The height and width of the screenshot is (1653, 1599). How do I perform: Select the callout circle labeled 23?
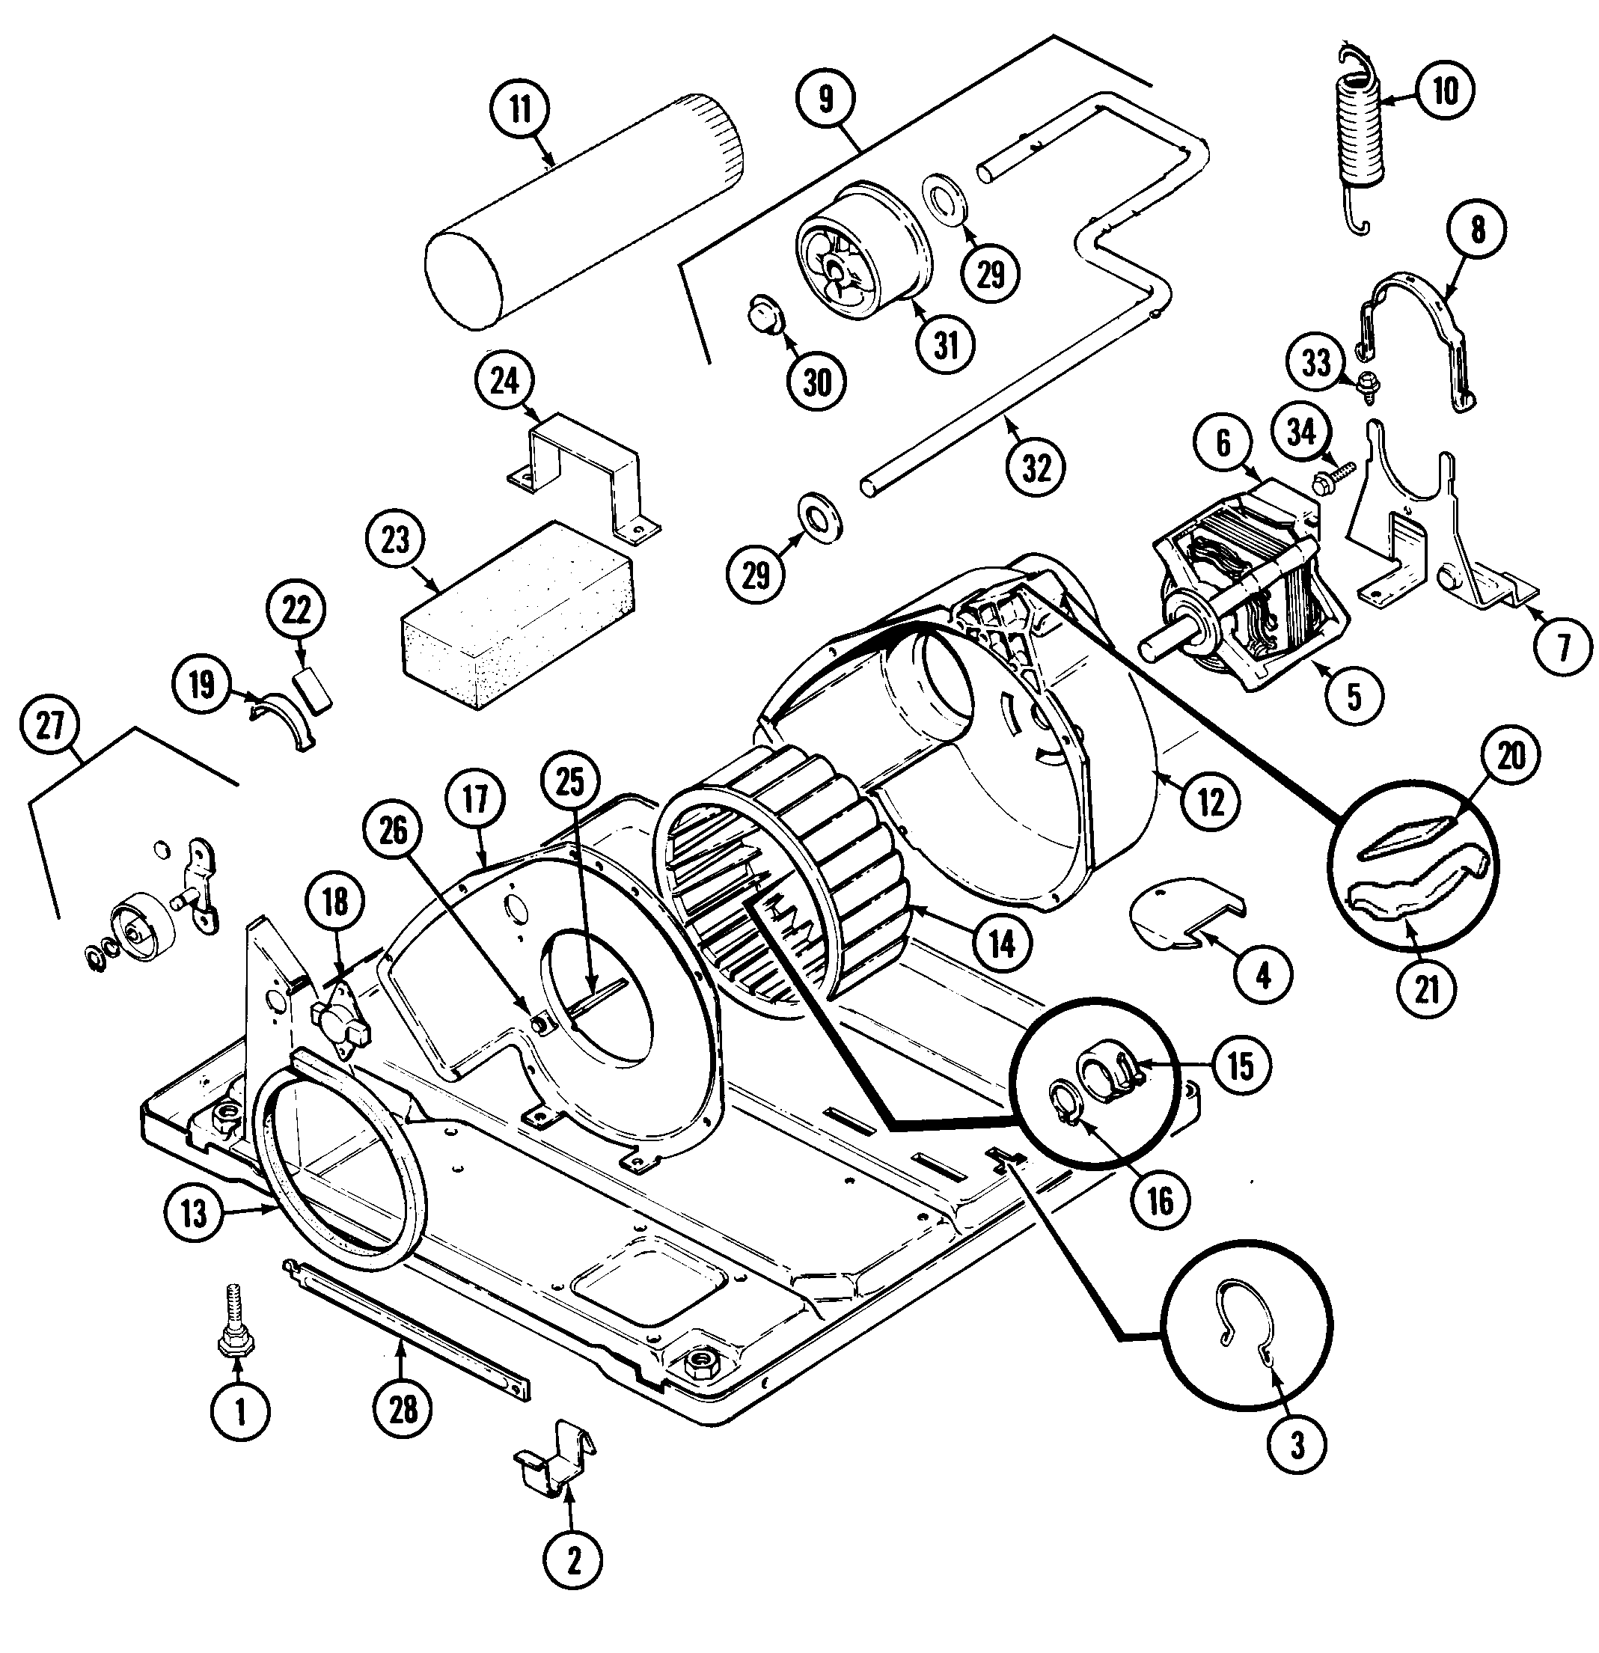coord(394,540)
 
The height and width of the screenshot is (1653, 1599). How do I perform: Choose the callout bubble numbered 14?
coord(1001,944)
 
